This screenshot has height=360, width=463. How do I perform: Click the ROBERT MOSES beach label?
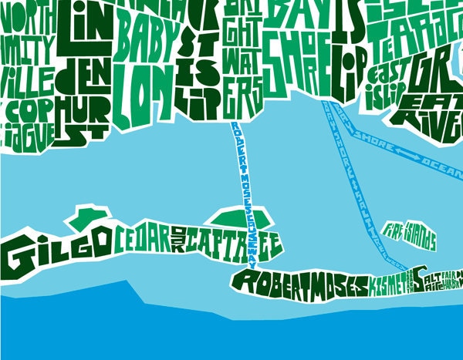point(300,284)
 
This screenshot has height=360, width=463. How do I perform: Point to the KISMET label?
point(390,284)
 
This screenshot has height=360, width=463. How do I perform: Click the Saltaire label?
point(437,282)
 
